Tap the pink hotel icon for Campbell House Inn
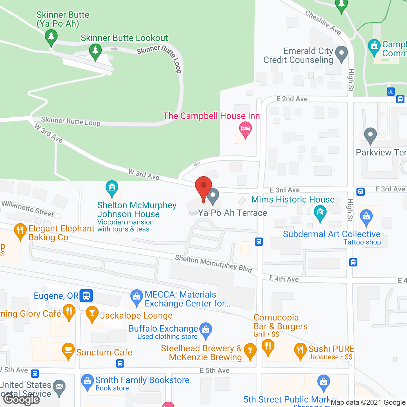[245, 129]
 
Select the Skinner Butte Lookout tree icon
[95, 51]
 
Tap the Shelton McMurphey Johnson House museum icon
[112, 188]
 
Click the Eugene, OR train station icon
[86, 295]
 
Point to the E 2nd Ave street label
[292, 99]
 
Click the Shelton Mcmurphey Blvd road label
[214, 264]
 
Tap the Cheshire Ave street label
[323, 22]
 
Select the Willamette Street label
[28, 209]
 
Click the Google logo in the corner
[22, 399]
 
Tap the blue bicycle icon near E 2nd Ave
[391, 92]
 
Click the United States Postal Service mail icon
[59, 387]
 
